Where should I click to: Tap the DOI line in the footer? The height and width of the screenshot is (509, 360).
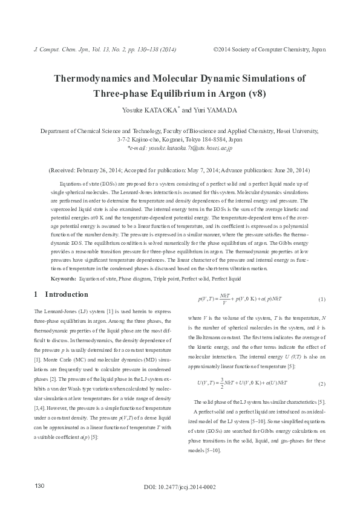tap(180, 487)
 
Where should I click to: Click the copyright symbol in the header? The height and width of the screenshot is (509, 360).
tap(215, 49)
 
